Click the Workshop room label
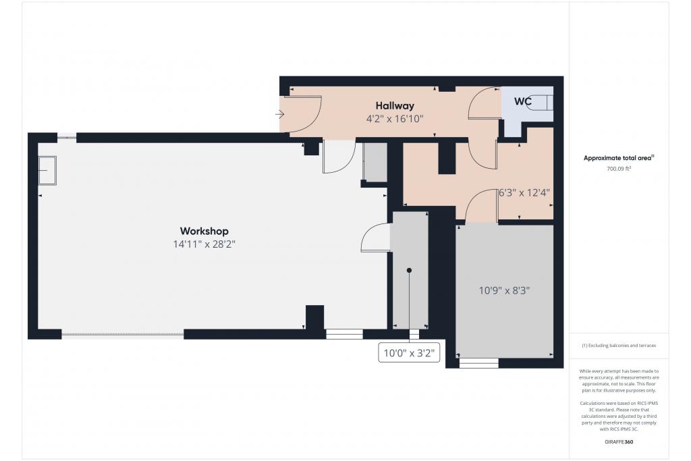pos(204,231)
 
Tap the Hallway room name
pos(395,106)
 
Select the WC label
pos(523,101)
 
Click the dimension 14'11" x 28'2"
pos(204,244)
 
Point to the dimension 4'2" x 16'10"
pos(395,119)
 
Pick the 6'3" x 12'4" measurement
pos(524,192)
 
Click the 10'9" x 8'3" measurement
pos(504,290)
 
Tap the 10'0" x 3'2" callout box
pos(409,352)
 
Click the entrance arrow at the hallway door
pos(279,115)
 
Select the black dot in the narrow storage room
pos(409,270)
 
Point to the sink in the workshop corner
pos(47,170)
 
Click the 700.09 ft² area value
pos(619,168)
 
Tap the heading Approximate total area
pos(619,158)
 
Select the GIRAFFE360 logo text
pos(619,441)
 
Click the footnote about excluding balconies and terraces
pos(619,346)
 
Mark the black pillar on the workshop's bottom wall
pos(314,317)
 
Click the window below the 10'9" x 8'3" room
pos(479,363)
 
